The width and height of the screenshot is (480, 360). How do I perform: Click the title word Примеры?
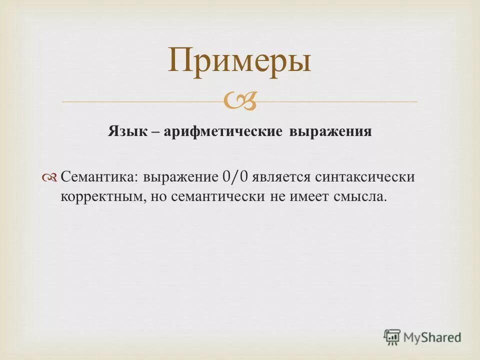[x=239, y=61]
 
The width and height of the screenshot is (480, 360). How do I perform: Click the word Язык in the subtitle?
[x=127, y=132]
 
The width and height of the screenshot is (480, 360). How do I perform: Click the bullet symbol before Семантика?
[x=50, y=177]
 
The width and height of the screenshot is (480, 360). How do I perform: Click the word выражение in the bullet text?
[x=178, y=177]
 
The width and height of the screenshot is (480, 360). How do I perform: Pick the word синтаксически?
[x=365, y=177]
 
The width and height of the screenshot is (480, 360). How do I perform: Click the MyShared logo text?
[x=432, y=337]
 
